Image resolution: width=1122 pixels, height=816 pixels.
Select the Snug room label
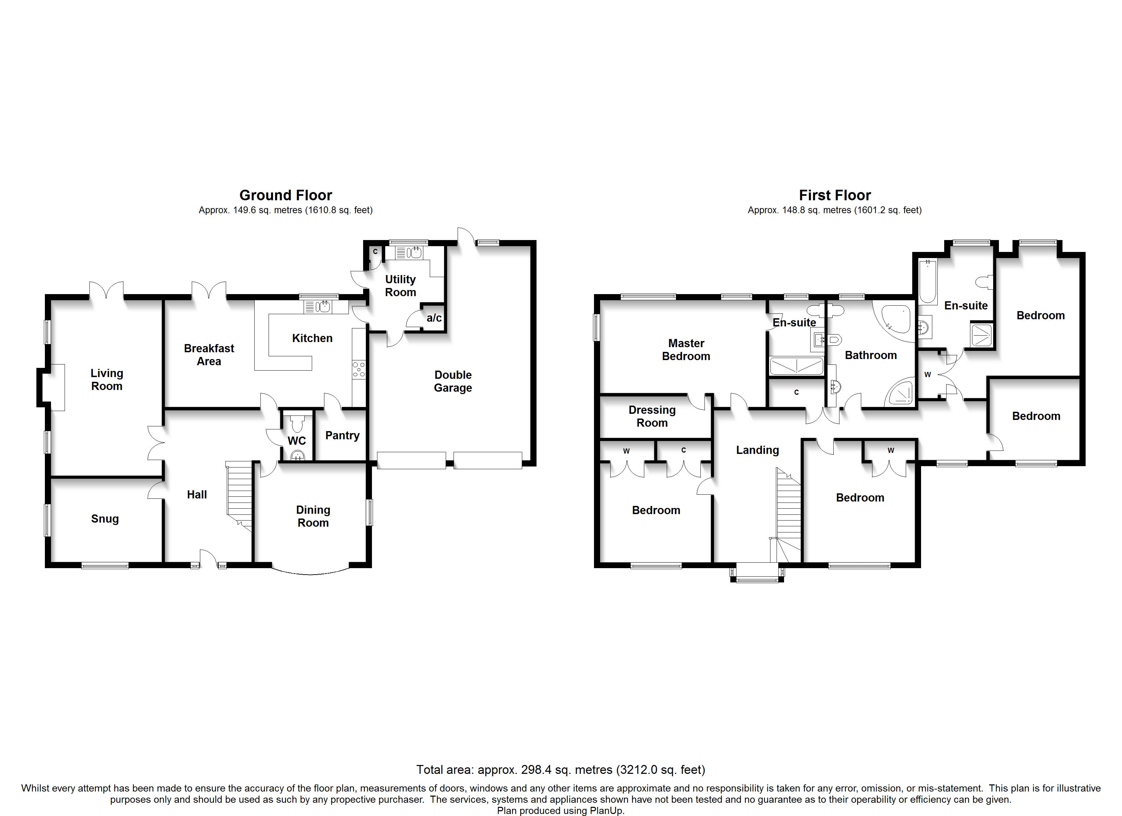point(105,518)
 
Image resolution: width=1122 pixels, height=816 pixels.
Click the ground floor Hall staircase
point(240,495)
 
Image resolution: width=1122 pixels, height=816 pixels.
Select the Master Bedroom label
point(686,350)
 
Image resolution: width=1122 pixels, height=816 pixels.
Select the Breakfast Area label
point(209,354)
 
